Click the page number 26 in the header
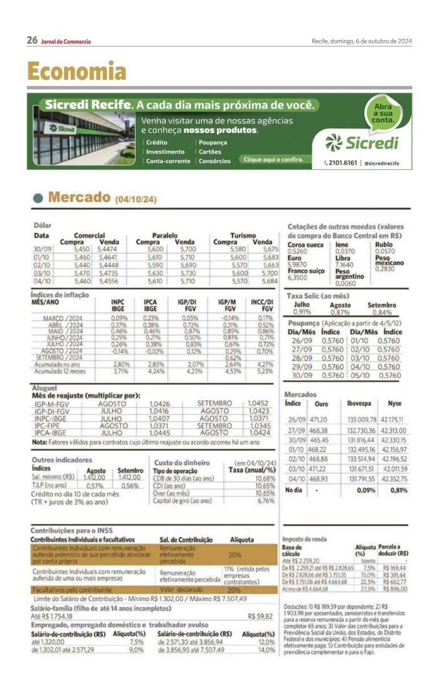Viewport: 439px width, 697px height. tap(32, 41)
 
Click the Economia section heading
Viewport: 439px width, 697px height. tap(77, 71)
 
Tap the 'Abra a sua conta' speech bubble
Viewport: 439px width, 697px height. tap(383, 112)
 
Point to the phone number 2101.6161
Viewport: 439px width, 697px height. tap(341, 163)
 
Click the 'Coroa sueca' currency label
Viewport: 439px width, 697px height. tap(305, 244)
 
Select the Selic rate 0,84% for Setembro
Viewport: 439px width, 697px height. tap(382, 312)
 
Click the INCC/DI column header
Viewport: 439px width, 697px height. tap(262, 305)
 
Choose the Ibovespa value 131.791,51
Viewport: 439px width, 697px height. tap(362, 479)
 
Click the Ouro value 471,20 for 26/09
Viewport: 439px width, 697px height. tap(320, 419)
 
